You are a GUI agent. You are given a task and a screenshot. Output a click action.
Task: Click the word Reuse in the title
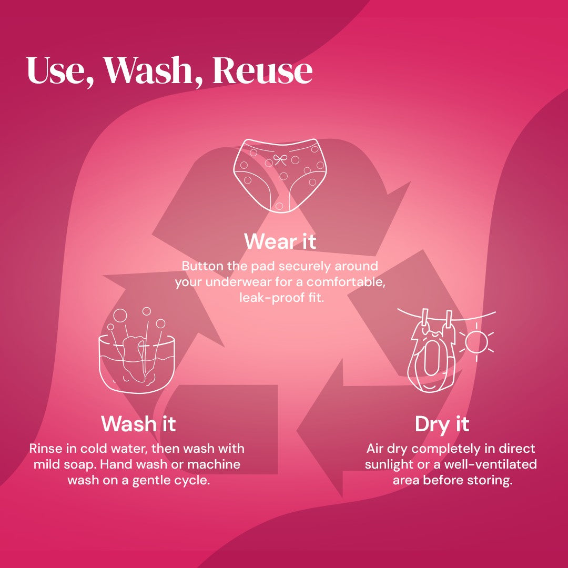pyautogui.click(x=262, y=70)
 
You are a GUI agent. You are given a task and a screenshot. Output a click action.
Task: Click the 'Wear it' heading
pyautogui.click(x=280, y=241)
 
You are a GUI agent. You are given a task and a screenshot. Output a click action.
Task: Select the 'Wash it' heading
pyautogui.click(x=138, y=423)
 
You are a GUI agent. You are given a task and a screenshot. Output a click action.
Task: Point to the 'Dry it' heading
pyautogui.click(x=442, y=424)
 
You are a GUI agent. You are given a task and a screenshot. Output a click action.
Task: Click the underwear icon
pyautogui.click(x=280, y=175)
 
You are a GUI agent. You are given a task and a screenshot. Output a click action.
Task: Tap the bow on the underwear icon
pyautogui.click(x=280, y=159)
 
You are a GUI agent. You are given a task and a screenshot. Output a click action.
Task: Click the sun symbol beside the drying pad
pyautogui.click(x=476, y=342)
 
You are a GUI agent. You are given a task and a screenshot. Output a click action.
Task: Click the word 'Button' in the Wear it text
pyautogui.click(x=202, y=266)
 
